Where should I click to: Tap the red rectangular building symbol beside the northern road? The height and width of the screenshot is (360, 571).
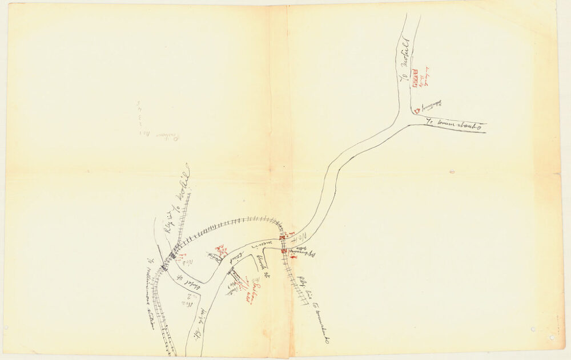pyautogui.click(x=416, y=76)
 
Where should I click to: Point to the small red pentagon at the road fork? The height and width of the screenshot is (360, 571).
pyautogui.click(x=417, y=110)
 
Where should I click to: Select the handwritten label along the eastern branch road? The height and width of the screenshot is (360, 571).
pyautogui.click(x=454, y=123)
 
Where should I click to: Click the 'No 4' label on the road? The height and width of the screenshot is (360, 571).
pyautogui.click(x=301, y=236)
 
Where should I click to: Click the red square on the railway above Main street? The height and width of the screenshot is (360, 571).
pyautogui.click(x=282, y=236)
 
